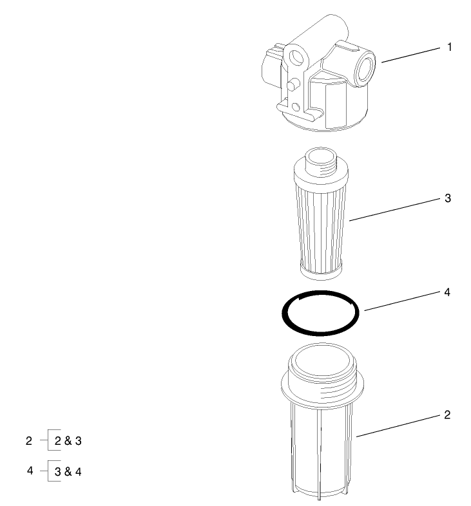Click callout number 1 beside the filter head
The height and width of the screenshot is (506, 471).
[x=449, y=47]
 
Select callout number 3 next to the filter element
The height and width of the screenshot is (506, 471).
[x=448, y=198]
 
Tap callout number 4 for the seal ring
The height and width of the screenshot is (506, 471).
[x=448, y=292]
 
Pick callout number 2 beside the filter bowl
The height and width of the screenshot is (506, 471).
[x=448, y=415]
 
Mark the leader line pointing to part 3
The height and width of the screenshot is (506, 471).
[x=393, y=210]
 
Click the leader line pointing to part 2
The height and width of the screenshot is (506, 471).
[x=396, y=426]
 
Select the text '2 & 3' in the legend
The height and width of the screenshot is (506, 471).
[x=68, y=442]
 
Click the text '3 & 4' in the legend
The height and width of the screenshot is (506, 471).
[x=68, y=472]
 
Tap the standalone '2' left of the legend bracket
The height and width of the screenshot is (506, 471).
[x=28, y=441]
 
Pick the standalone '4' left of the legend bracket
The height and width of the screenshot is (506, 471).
[x=30, y=471]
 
